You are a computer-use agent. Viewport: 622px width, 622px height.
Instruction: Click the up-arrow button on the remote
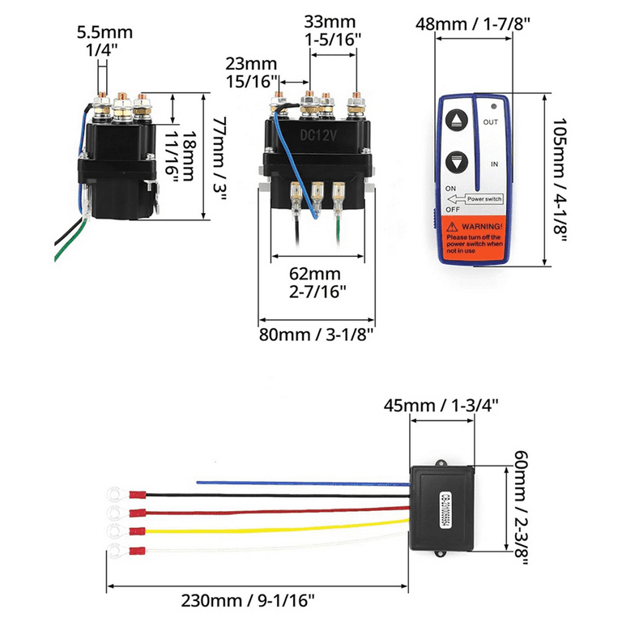(x=458, y=121)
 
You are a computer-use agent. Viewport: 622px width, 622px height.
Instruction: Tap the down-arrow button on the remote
(x=458, y=162)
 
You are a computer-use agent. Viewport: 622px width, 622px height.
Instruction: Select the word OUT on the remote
(x=491, y=122)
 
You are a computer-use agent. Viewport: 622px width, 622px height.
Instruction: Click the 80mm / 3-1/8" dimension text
(x=317, y=332)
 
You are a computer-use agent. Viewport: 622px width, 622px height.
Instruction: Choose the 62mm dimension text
(x=317, y=273)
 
